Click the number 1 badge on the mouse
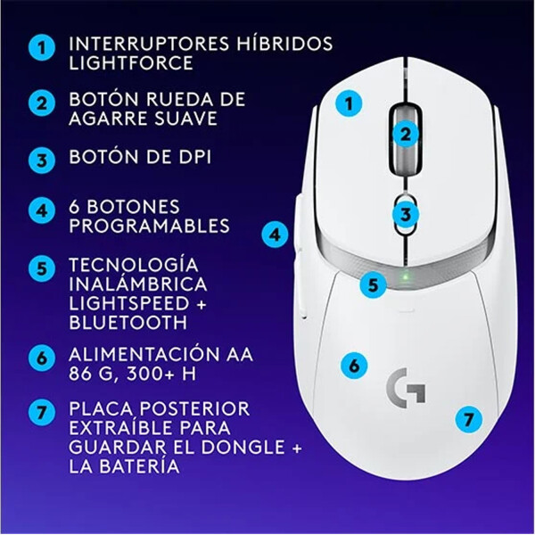pos(350,103)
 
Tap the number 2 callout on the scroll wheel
pos(406,135)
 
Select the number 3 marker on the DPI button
pos(406,214)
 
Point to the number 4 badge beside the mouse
pos(276,235)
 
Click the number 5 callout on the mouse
pos(374,285)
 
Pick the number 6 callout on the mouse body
pos(353,365)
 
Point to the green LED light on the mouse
pos(406,275)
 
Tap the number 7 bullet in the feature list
pos(39,413)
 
